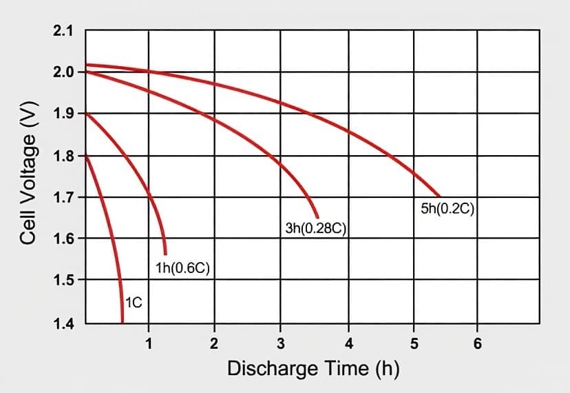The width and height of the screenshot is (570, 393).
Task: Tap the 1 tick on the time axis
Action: [x=149, y=343]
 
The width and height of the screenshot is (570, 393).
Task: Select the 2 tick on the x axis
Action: [x=214, y=343]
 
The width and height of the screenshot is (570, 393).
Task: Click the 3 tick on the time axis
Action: [x=281, y=343]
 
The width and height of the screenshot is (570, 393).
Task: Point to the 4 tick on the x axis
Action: [x=348, y=343]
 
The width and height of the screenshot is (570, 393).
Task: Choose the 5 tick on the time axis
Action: [x=414, y=343]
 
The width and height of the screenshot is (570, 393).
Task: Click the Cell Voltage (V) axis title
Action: [x=28, y=178]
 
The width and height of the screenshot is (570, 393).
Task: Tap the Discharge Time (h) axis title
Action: [x=313, y=369]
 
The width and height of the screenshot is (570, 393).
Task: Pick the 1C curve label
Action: [x=134, y=302]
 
